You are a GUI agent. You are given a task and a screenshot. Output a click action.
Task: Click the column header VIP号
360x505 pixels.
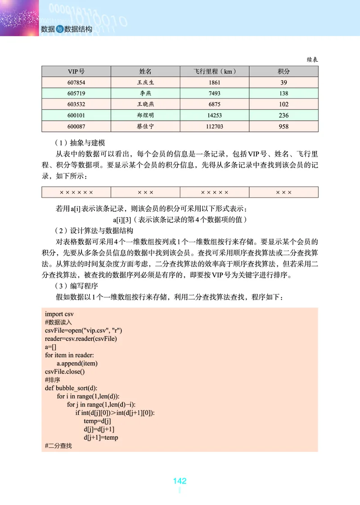(76, 72)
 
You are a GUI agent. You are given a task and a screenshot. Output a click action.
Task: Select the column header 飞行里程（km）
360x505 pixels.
(215, 72)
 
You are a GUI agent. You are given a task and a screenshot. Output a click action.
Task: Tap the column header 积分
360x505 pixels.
(283, 72)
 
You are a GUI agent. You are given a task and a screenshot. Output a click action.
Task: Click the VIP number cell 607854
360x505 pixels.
(76, 83)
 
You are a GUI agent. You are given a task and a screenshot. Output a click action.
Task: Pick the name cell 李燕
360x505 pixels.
(145, 94)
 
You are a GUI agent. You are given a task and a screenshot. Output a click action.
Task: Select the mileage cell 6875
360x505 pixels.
(215, 104)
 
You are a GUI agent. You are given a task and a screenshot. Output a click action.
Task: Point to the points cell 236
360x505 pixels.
(283, 116)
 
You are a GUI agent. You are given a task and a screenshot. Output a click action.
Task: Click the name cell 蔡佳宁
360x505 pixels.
(145, 126)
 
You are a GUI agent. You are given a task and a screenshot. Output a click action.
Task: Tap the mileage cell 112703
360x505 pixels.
(215, 126)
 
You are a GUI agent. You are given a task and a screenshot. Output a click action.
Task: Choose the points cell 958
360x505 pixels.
(283, 126)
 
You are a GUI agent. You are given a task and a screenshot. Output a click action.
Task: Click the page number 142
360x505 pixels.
(180, 481)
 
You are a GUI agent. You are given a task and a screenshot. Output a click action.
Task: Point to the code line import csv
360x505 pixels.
(60, 314)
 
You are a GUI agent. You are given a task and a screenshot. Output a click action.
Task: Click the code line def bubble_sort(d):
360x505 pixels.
(71, 388)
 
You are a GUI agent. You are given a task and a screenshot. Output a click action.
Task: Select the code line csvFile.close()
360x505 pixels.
(65, 371)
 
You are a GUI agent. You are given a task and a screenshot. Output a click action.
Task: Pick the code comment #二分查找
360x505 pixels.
(58, 446)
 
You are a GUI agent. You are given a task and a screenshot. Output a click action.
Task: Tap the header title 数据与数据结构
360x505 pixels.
(66, 29)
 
